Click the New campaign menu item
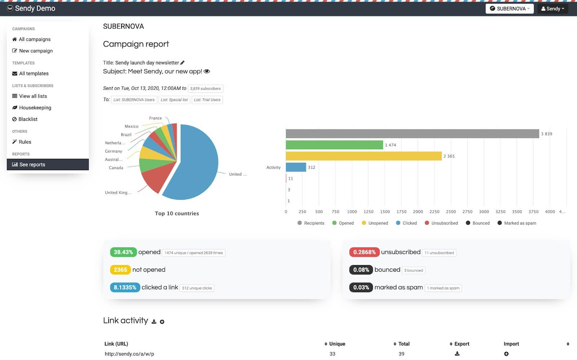tap(36, 51)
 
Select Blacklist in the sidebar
tap(28, 119)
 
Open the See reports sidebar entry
tap(32, 164)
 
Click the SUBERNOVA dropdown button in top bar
tap(510, 9)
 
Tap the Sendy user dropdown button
tap(552, 9)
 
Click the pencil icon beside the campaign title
tap(182, 63)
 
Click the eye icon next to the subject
tap(207, 71)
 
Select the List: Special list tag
tap(174, 100)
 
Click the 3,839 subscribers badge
tap(205, 89)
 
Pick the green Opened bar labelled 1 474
tap(334, 145)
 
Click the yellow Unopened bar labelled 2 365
tap(364, 156)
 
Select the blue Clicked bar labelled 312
tap(296, 167)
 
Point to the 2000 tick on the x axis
tap(418, 212)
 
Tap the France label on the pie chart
tap(155, 118)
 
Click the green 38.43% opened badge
tap(123, 252)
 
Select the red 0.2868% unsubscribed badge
tap(364, 252)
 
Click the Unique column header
tap(337, 344)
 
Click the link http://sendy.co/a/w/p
tap(129, 354)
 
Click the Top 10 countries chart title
tap(177, 214)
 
